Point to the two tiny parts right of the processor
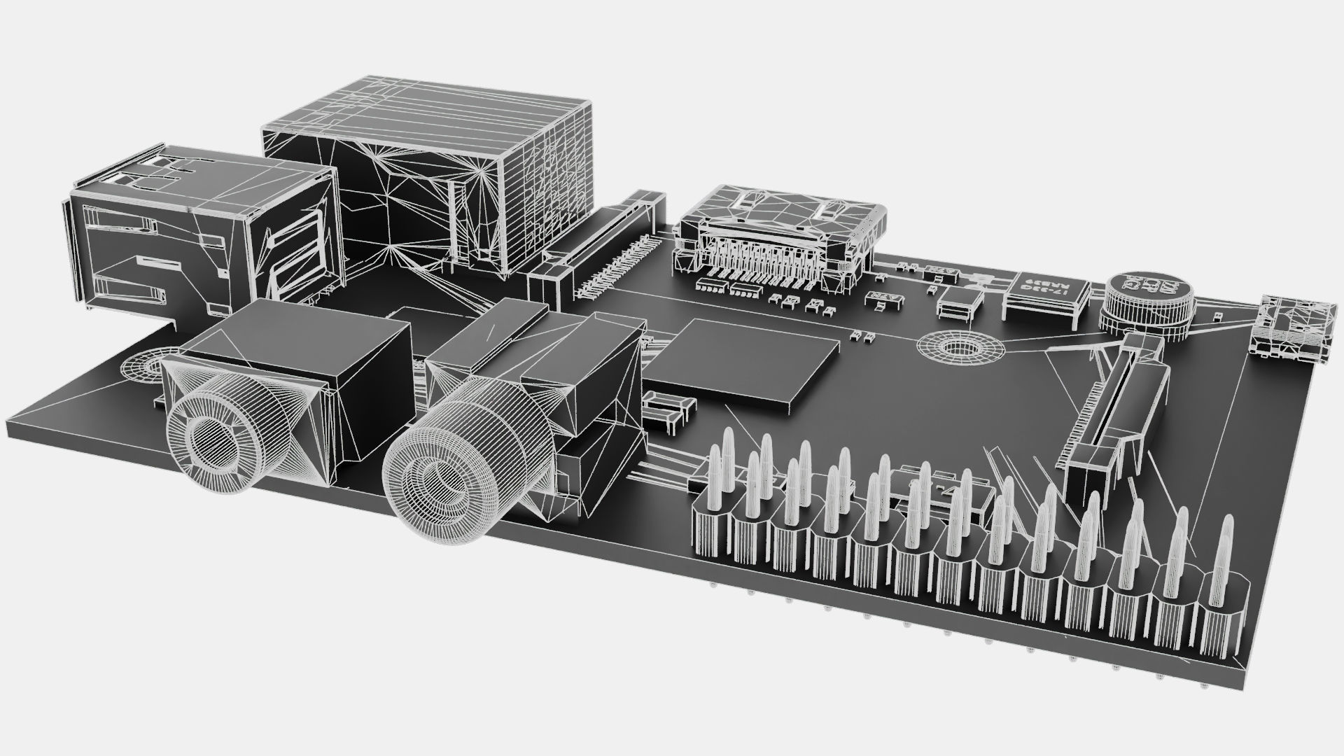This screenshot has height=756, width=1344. click(x=862, y=337)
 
